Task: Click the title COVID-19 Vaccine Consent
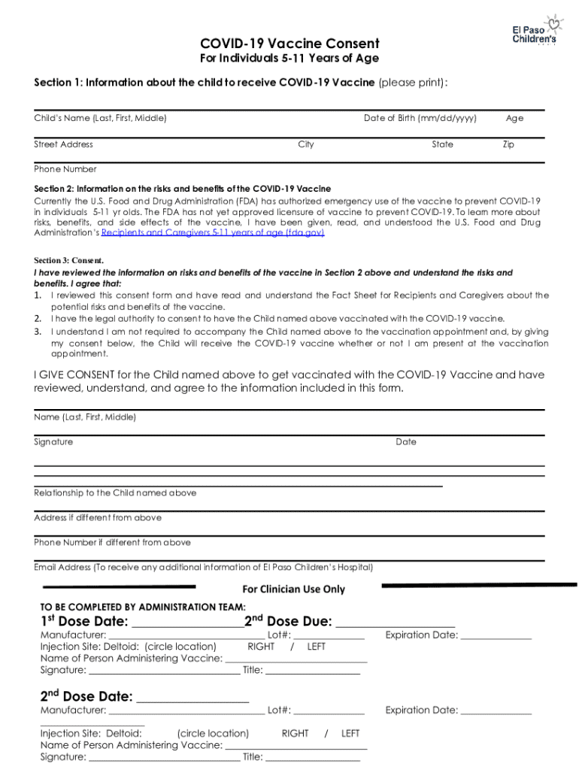[x=289, y=44]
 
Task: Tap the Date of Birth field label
[x=420, y=118]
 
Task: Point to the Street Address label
[x=64, y=144]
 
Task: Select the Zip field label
[x=508, y=144]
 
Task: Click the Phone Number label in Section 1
[x=65, y=169]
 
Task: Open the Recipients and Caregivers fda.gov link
[x=213, y=233]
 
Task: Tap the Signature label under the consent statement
[x=53, y=441]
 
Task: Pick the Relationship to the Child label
[x=115, y=493]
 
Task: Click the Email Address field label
[x=203, y=567]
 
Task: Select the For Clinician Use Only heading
[x=293, y=590]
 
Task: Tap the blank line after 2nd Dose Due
[x=395, y=623]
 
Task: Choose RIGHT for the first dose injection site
[x=261, y=646]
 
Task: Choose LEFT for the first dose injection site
[x=317, y=646]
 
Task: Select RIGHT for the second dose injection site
[x=295, y=733]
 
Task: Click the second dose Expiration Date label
[x=421, y=710]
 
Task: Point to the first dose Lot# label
[x=279, y=635]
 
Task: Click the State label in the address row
[x=442, y=144]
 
